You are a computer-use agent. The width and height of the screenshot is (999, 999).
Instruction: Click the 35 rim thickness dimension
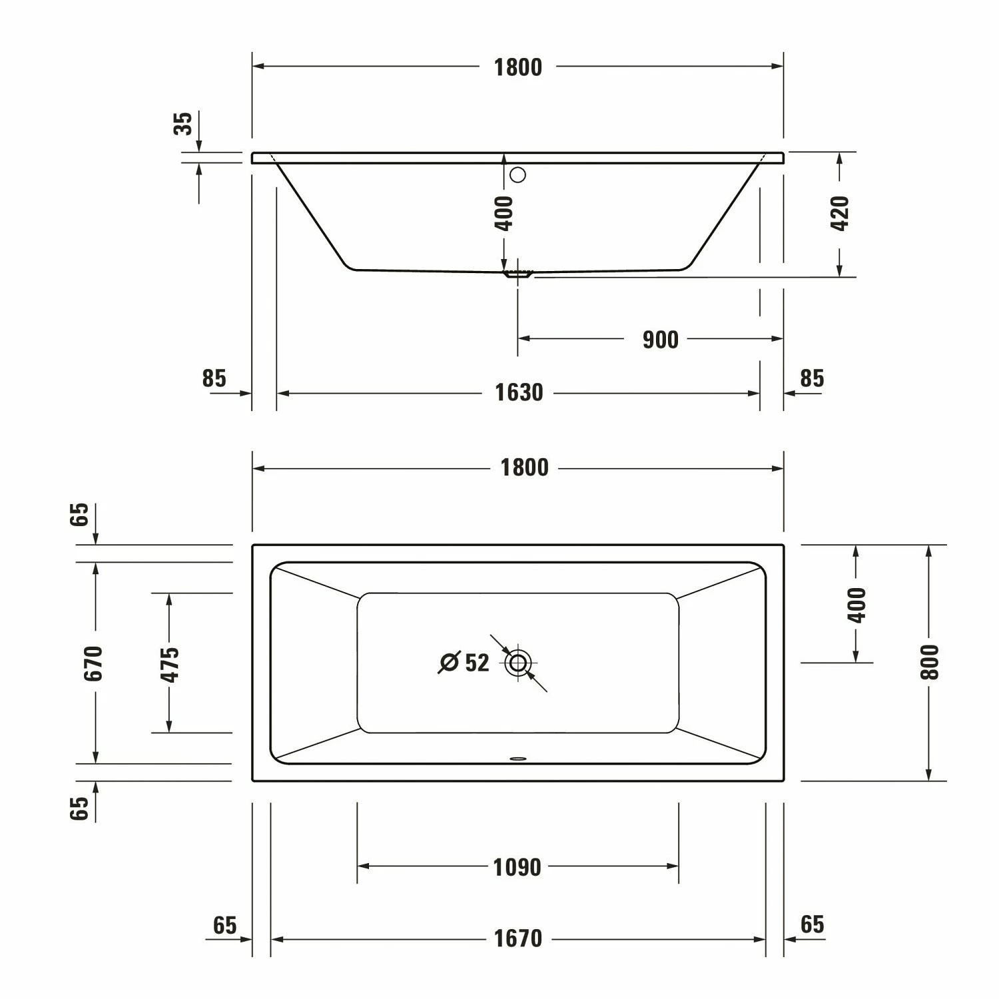[182, 124]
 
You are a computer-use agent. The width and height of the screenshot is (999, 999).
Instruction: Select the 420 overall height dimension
[840, 213]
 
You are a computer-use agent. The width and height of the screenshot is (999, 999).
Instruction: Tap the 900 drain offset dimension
[660, 340]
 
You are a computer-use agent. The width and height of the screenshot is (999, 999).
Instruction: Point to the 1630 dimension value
[518, 393]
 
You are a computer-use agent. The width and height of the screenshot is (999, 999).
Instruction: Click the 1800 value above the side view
[517, 67]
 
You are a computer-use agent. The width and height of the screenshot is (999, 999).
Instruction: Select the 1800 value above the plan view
[524, 468]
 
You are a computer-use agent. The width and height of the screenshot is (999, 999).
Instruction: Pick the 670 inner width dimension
[94, 663]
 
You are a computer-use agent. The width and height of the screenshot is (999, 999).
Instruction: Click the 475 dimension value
[170, 664]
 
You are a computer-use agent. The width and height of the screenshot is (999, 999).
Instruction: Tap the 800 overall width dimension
[929, 662]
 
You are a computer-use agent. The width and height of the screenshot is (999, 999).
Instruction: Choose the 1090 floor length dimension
[517, 867]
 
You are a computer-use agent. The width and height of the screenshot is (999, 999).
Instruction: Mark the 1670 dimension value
[517, 939]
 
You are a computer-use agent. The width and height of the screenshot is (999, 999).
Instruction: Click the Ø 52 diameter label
[465, 663]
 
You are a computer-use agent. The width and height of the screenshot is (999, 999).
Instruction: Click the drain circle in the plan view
[517, 663]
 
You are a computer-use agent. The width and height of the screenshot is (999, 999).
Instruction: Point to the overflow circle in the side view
[517, 175]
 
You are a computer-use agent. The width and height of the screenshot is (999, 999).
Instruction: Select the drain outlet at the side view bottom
[517, 273]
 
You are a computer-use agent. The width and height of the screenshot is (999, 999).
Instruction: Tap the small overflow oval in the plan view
[517, 757]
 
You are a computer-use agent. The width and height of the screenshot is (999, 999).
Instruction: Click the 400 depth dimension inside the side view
[504, 213]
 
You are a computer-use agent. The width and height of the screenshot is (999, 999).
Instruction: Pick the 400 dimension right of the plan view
[857, 605]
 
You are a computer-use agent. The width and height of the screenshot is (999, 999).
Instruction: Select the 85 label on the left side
[214, 378]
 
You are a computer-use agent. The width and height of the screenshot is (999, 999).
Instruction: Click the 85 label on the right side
[812, 378]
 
